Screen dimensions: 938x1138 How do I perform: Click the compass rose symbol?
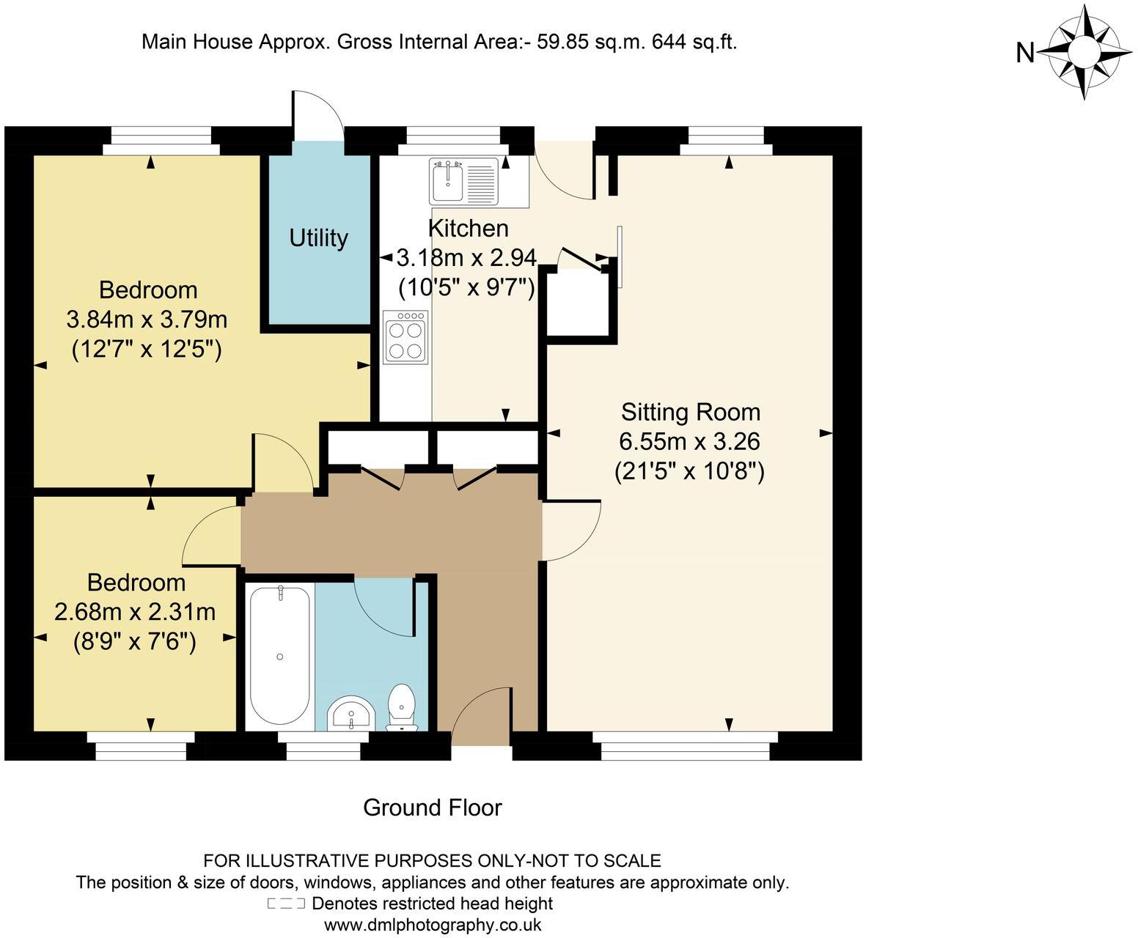coord(1084,51)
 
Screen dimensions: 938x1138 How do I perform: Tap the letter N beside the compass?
coord(1024,53)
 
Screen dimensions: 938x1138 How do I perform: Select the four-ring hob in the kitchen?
coord(405,337)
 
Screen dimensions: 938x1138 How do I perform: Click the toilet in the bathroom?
coord(401,708)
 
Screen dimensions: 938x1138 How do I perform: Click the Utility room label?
coord(318,238)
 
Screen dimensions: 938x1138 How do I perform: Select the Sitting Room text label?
coord(690,412)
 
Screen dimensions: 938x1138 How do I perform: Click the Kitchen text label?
coord(469,229)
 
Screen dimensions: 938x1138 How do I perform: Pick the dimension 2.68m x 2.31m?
coord(135,612)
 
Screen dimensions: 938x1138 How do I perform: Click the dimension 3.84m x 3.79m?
coord(147,320)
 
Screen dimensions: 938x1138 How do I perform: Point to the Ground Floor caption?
coord(432,808)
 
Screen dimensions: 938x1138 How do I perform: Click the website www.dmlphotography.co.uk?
coord(432,924)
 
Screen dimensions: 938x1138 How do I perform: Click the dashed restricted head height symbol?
coord(286,904)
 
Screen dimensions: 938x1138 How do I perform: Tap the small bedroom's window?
coord(141,748)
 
